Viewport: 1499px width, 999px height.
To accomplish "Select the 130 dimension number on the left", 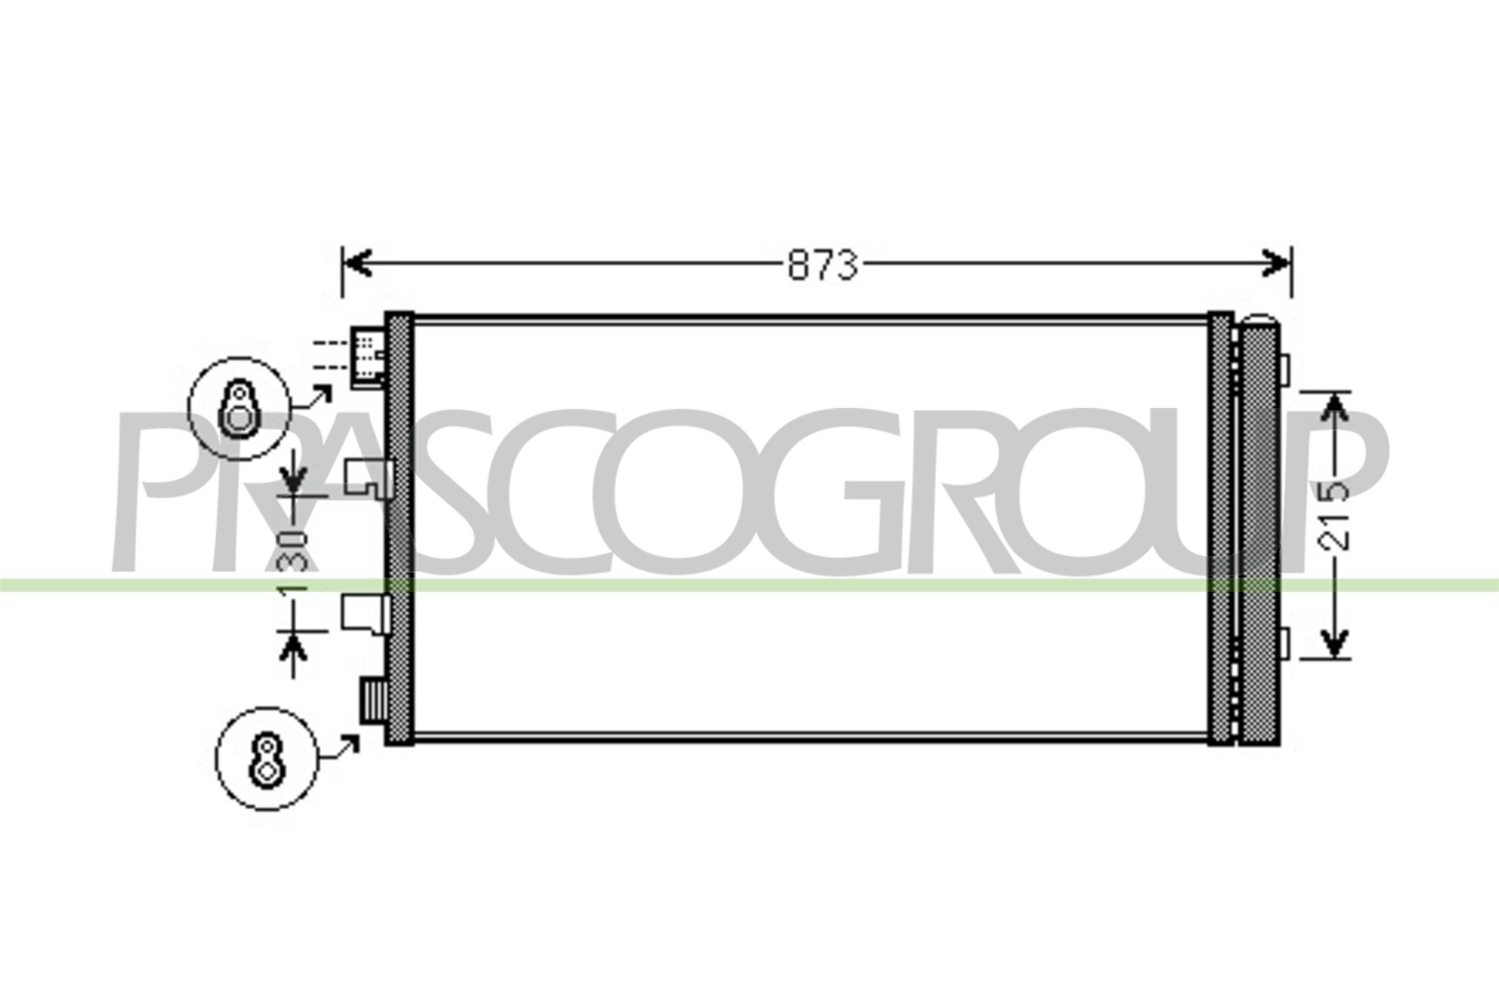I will coord(292,560).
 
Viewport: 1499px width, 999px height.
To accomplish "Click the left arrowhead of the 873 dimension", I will coord(357,263).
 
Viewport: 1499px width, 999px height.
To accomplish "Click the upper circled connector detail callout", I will coord(239,408).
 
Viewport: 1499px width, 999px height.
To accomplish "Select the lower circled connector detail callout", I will coord(267,759).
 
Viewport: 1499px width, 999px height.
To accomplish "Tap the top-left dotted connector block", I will coord(368,357).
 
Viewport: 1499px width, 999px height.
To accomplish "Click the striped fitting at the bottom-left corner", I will coord(373,699).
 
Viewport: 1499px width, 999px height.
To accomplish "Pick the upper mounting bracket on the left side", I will coord(369,478).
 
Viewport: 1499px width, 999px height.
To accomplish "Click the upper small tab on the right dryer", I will coord(1284,371).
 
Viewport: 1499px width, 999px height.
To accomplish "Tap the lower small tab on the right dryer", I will coord(1284,644).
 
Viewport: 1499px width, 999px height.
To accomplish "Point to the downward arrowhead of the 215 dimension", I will coord(1334,644).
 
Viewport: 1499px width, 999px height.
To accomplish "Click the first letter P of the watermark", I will coord(159,491).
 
